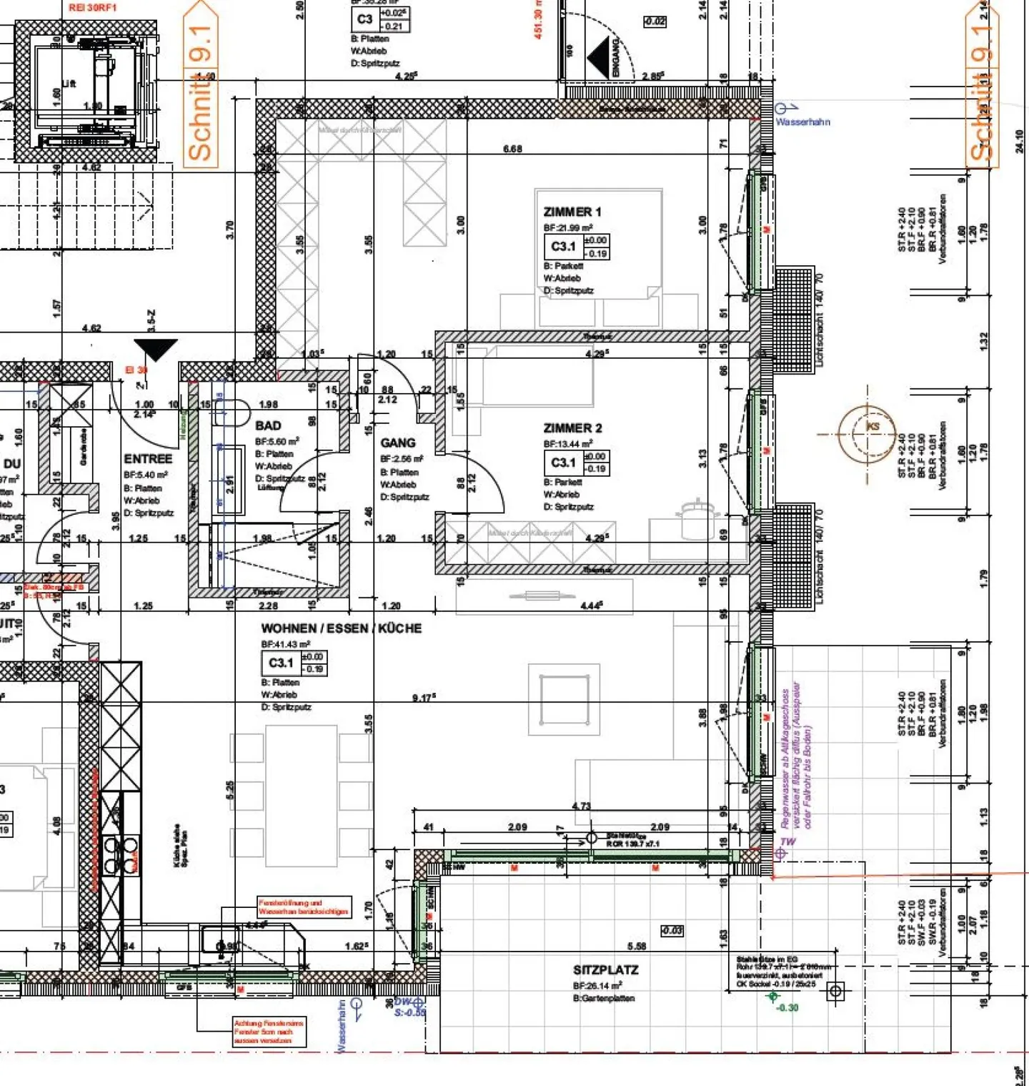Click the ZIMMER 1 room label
572,212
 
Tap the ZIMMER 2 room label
572,428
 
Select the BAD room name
268,425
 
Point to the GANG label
397,443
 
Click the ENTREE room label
148,459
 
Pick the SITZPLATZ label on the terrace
605,970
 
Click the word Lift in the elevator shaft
69,84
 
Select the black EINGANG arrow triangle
598,58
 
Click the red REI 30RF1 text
93,8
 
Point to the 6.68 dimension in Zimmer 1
512,149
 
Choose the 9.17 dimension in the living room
424,698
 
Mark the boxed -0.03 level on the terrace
672,931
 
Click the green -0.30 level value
787,1007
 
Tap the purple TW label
788,841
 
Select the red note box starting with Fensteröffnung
304,907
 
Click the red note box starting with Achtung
269,1032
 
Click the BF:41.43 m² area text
286,644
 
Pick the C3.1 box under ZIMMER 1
562,247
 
